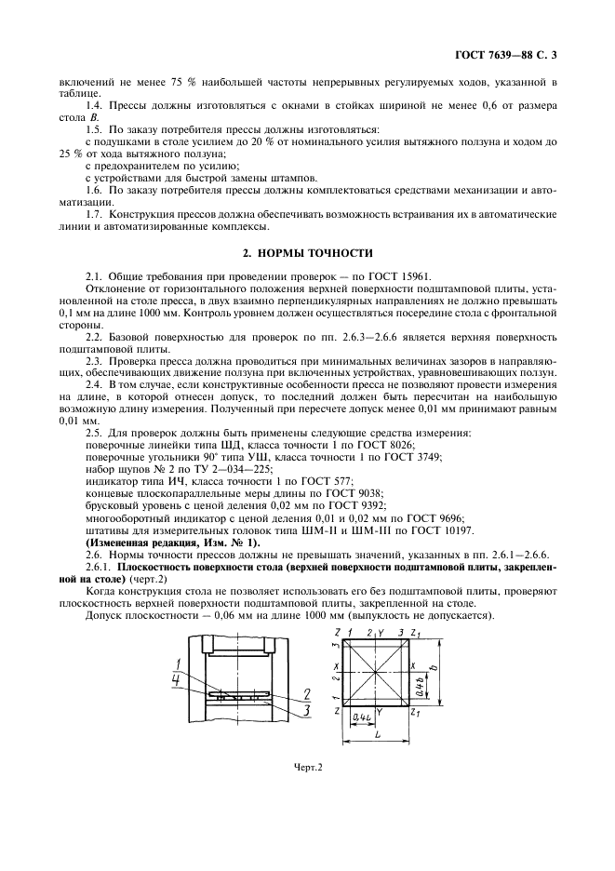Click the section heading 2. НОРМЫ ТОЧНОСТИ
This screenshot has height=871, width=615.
(x=307, y=252)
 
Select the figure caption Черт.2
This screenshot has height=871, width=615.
(x=307, y=767)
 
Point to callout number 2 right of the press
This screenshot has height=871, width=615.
(x=306, y=693)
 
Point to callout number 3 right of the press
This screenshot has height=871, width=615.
(x=306, y=709)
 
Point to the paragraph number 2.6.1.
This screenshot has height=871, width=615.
(x=98, y=567)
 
